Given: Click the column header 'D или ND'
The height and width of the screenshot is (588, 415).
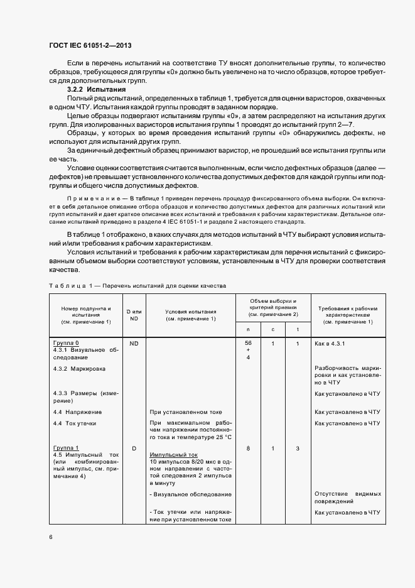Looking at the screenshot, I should (134, 315).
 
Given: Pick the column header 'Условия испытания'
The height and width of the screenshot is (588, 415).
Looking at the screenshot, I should (191, 315).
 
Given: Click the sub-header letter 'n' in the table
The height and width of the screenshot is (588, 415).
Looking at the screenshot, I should (248, 329).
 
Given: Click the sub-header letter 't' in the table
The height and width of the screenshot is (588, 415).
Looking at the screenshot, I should (297, 329).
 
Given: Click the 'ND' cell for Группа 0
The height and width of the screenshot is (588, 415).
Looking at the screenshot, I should (134, 344).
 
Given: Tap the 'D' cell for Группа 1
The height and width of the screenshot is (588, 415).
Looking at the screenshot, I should (134, 448).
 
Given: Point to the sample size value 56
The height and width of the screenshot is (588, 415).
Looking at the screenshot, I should (248, 343).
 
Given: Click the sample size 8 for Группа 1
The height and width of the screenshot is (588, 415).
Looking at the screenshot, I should (248, 448).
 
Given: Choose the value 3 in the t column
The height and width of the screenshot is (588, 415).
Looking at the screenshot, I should (297, 448).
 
